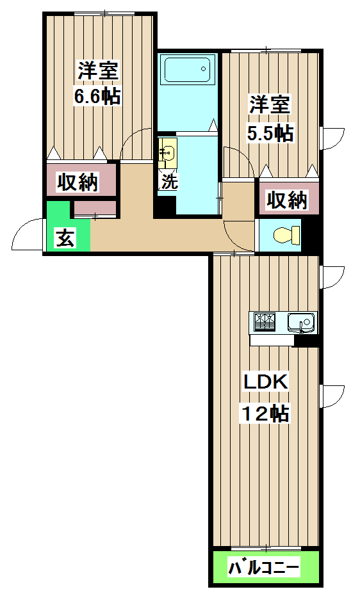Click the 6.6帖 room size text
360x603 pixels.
click(97, 97)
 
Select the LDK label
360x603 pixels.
click(265, 382)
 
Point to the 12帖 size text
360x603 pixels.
click(265, 414)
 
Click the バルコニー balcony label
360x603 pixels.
click(264, 567)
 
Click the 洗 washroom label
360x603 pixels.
click(168, 181)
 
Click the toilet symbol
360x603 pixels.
click(286, 235)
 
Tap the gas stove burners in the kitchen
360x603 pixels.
click(265, 319)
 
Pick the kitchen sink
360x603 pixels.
click(300, 321)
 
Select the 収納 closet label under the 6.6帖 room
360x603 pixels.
click(79, 182)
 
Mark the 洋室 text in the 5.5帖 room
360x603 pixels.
click(270, 104)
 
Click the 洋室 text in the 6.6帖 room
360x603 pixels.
click(98, 69)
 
